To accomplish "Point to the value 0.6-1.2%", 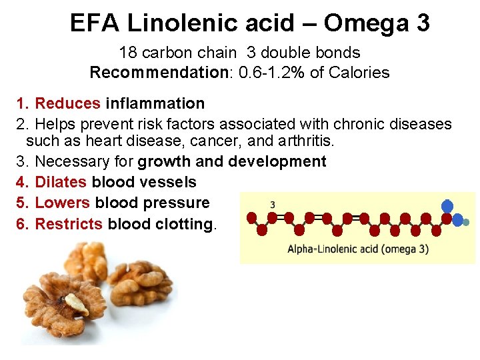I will click(x=267, y=72).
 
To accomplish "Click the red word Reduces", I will click(x=67, y=103).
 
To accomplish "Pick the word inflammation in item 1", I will click(x=155, y=103).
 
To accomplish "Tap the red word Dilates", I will click(x=61, y=182).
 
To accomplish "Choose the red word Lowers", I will click(x=63, y=203).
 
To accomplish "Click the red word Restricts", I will click(x=69, y=224).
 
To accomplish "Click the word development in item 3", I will click(x=277, y=161).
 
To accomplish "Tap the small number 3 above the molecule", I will click(x=272, y=204).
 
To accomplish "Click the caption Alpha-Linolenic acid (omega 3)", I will click(x=358, y=249).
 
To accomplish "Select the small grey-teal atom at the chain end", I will click(x=467, y=222).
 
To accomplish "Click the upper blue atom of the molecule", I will click(x=447, y=206).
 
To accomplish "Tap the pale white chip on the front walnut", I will click(x=77, y=304).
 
